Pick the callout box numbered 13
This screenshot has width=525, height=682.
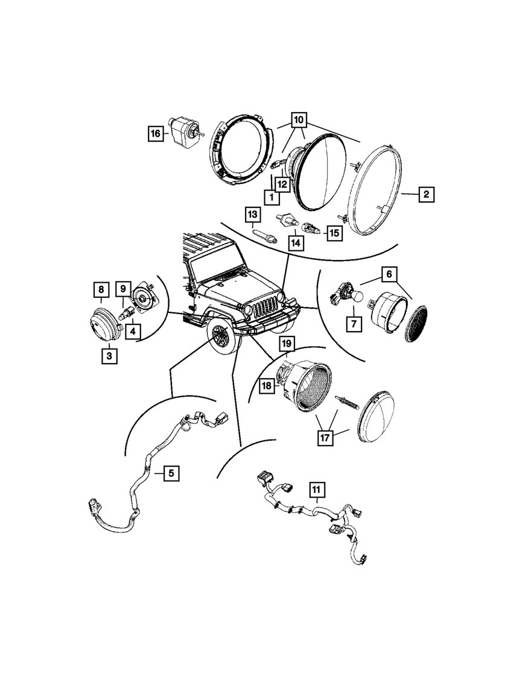pyautogui.click(x=252, y=214)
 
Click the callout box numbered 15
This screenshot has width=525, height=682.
pyautogui.click(x=334, y=232)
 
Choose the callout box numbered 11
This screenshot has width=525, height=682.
pyautogui.click(x=317, y=488)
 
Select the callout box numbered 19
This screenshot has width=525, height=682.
pyautogui.click(x=286, y=344)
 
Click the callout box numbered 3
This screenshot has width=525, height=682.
pyautogui.click(x=109, y=356)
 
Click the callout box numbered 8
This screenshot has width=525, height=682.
pyautogui.click(x=101, y=289)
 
